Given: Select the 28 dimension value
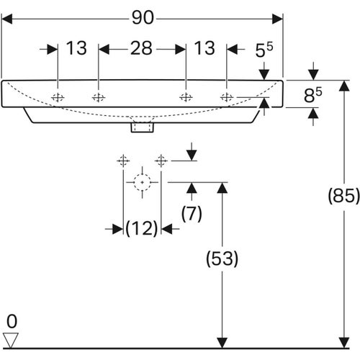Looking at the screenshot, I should tap(141, 49).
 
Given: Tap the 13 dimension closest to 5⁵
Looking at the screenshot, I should tap(205, 49).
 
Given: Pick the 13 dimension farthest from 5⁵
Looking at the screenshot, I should tap(76, 49).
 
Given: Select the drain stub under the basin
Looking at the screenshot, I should tap(141, 127).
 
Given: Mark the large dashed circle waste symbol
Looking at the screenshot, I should tap(143, 182).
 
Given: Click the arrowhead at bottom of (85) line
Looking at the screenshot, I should tap(343, 338).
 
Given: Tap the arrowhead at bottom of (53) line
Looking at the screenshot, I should tap(222, 338).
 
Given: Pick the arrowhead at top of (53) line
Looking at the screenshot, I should tap(222, 188).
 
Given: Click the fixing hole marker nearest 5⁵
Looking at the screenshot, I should tap(226, 97).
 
